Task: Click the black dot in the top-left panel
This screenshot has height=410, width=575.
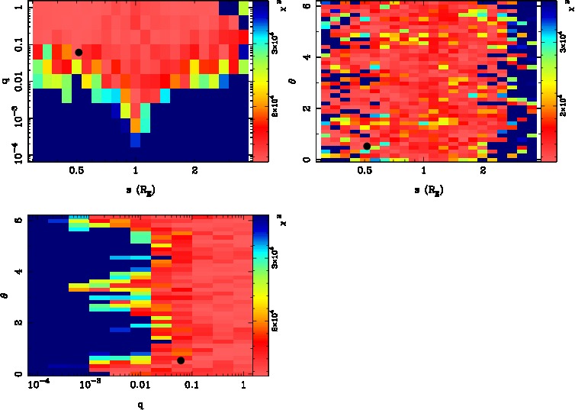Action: [79, 52]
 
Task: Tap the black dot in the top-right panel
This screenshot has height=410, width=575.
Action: [367, 146]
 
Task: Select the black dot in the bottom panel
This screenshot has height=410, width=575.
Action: [181, 360]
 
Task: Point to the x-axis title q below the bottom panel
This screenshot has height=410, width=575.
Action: [141, 405]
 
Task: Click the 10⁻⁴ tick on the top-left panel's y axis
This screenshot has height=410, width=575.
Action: [13, 156]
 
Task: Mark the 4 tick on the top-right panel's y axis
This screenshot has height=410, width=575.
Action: [305, 57]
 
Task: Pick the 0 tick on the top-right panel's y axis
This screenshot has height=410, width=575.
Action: [305, 159]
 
